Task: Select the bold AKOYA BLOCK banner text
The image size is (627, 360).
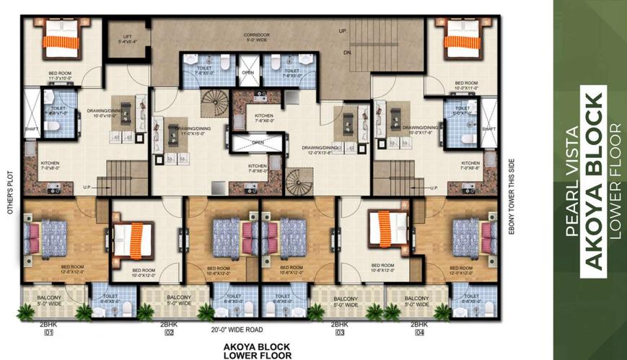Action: tap(593, 180)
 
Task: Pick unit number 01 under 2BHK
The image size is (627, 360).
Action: tap(49, 333)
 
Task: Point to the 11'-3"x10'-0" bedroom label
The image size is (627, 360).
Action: tap(61, 76)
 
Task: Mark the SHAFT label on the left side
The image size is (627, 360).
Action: tap(31, 131)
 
